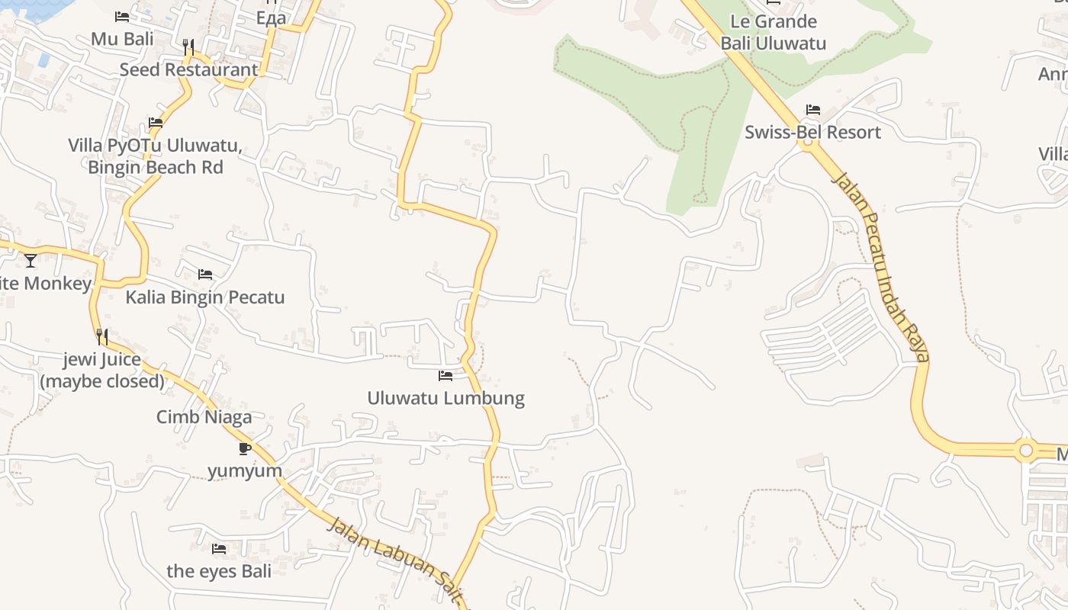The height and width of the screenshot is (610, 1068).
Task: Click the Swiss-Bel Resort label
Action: [x=812, y=132]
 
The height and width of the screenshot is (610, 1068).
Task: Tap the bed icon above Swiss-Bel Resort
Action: [x=813, y=110]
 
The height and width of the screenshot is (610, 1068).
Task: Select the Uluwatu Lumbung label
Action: [x=446, y=398]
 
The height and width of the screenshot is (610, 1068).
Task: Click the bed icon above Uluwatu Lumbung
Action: [x=446, y=375]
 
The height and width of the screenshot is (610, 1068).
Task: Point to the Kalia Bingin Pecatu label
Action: [x=204, y=297]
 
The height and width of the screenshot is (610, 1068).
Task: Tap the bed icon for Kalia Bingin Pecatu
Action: [x=205, y=274]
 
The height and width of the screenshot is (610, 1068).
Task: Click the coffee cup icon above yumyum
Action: [x=245, y=448]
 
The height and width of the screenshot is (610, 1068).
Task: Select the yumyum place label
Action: [x=245, y=470]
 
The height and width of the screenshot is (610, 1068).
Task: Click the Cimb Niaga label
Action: [x=204, y=417]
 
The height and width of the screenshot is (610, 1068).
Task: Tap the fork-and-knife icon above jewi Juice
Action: [x=102, y=336]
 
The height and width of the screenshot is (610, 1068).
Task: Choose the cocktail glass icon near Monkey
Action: [x=31, y=261]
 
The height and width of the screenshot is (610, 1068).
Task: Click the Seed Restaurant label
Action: [x=188, y=69]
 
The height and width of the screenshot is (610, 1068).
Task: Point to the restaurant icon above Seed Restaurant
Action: [x=188, y=47]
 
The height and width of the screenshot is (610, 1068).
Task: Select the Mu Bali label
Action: [x=122, y=39]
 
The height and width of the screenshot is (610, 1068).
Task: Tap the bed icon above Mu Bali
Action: [x=122, y=17]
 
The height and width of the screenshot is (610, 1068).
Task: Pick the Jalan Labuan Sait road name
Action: [x=397, y=563]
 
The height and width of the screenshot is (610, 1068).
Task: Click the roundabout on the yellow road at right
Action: [x=1026, y=451]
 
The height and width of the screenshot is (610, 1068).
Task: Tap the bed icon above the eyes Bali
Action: [x=219, y=548]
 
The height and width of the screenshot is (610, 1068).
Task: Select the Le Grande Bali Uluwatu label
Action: [x=774, y=32]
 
